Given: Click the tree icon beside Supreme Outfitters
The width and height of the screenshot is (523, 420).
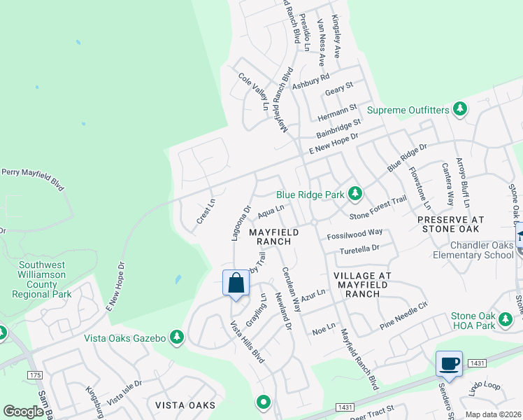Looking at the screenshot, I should click(x=459, y=109).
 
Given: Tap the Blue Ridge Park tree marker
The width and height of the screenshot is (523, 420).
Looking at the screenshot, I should click(x=355, y=192).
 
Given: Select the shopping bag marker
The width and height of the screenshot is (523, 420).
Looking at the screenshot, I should click(x=236, y=284).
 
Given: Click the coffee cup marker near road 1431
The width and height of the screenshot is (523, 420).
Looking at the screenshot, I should click(x=448, y=364).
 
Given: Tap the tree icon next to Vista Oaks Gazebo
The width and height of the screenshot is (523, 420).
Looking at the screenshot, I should click(x=178, y=337).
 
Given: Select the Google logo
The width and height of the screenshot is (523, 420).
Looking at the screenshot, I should click(x=23, y=411).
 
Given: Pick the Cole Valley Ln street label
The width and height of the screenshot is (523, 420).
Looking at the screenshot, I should click(x=253, y=93).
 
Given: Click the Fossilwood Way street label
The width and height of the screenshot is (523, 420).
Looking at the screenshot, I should click(x=354, y=232).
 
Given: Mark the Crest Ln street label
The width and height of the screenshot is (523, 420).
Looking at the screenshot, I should click(x=205, y=211).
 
